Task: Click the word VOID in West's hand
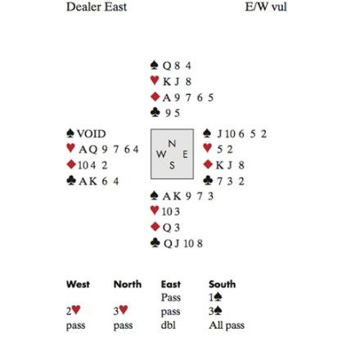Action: pyautogui.click(x=91, y=134)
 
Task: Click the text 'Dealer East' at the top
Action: pyautogui.click(x=97, y=7)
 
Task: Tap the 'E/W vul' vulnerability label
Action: pyautogui.click(x=266, y=7)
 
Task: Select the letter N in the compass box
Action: pyautogui.click(x=172, y=143)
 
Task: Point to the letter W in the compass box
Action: pyautogui.click(x=161, y=155)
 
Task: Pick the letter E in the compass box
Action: pyautogui.click(x=185, y=155)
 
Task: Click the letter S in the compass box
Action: pyautogui.click(x=172, y=165)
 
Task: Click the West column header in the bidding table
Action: pyautogui.click(x=78, y=284)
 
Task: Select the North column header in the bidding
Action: pyautogui.click(x=128, y=284)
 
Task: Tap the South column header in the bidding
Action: pyautogui.click(x=223, y=284)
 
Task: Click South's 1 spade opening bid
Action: pyautogui.click(x=215, y=297)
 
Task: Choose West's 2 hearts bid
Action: pyautogui.click(x=74, y=310)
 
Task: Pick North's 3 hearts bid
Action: pyautogui.click(x=121, y=310)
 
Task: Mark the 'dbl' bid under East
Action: pyautogui.click(x=169, y=325)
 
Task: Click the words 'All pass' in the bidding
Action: pyautogui.click(x=227, y=326)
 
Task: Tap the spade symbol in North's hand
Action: pyautogui.click(x=155, y=65)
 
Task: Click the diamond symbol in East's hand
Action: pyautogui.click(x=208, y=164)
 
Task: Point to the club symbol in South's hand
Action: pyautogui.click(x=155, y=243)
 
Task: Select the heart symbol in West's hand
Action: pyautogui.click(x=70, y=148)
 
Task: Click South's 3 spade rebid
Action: pyautogui.click(x=215, y=311)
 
